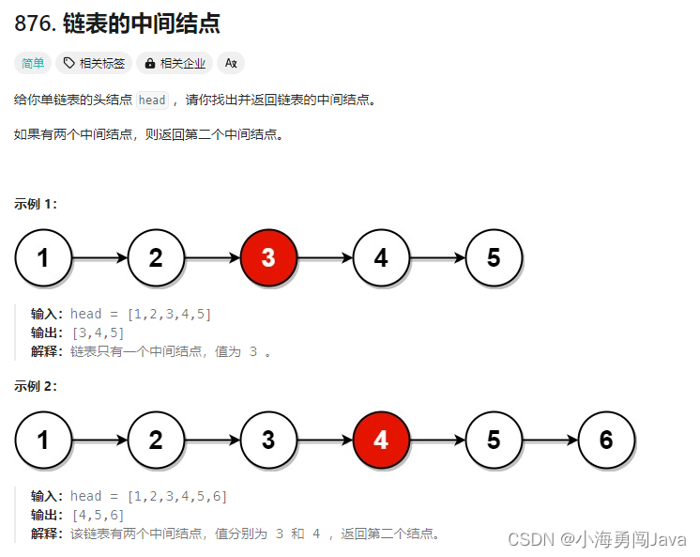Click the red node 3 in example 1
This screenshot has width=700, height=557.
click(x=268, y=257)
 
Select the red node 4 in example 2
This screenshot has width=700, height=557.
click(x=381, y=440)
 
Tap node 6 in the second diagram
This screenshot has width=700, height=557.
click(x=606, y=440)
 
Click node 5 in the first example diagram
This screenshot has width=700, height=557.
click(x=494, y=257)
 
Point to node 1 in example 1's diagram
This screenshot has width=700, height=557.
click(x=43, y=257)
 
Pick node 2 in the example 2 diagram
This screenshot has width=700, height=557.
click(x=156, y=440)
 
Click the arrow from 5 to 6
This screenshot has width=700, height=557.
click(x=550, y=440)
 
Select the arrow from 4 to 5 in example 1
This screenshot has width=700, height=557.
click(x=437, y=257)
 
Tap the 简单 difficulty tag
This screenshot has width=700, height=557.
click(x=33, y=64)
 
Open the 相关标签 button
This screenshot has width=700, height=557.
click(x=95, y=64)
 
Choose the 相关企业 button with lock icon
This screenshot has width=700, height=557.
click(x=175, y=64)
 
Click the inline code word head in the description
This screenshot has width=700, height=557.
click(x=151, y=101)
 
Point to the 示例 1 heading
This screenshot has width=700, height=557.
click(x=36, y=204)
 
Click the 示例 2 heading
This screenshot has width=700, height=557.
click(x=36, y=386)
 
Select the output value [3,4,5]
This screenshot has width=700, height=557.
click(x=98, y=333)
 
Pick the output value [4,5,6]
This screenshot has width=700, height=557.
click(x=98, y=515)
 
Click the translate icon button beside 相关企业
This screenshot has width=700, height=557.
click(x=230, y=64)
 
